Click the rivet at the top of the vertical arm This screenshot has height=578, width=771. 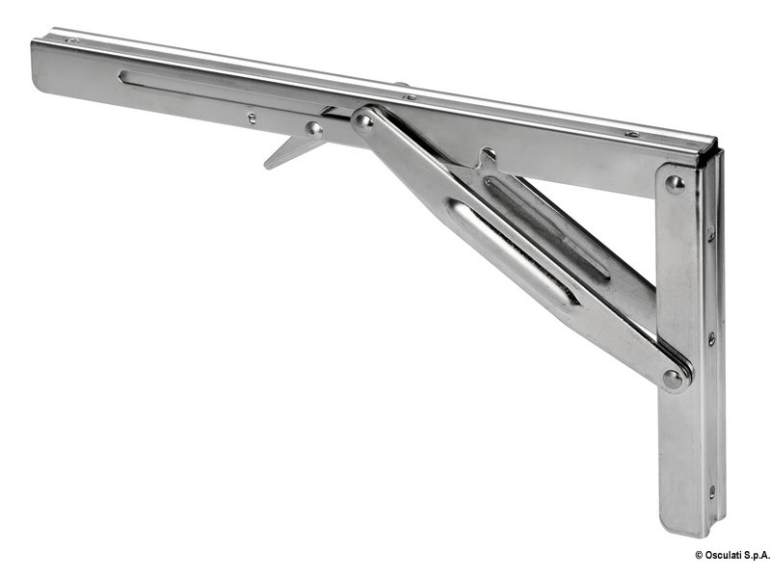(x=675, y=184)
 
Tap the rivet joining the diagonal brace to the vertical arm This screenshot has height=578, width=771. (x=673, y=379)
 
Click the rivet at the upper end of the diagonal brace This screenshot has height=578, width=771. (x=364, y=121)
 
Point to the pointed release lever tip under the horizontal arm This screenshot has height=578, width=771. (x=267, y=166)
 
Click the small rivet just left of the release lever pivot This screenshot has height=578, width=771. (x=252, y=118)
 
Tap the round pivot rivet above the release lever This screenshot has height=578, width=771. (x=314, y=129)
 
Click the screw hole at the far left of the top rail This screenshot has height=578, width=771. (x=72, y=40)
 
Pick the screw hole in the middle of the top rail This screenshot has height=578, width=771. (x=409, y=97)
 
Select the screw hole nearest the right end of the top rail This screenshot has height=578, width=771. (x=632, y=134)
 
